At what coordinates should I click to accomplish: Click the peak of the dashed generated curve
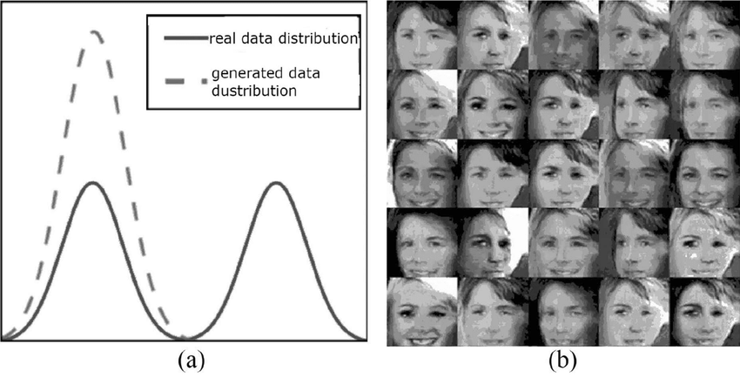[95, 34]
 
